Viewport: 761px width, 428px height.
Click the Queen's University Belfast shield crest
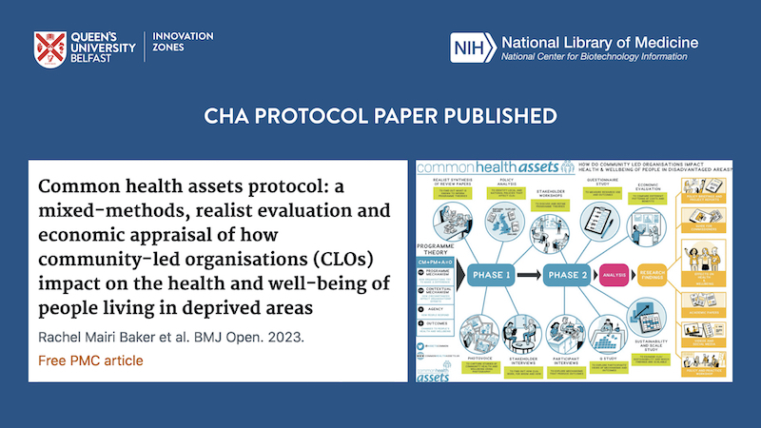tap(52, 49)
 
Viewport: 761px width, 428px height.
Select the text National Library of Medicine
tap(598, 42)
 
